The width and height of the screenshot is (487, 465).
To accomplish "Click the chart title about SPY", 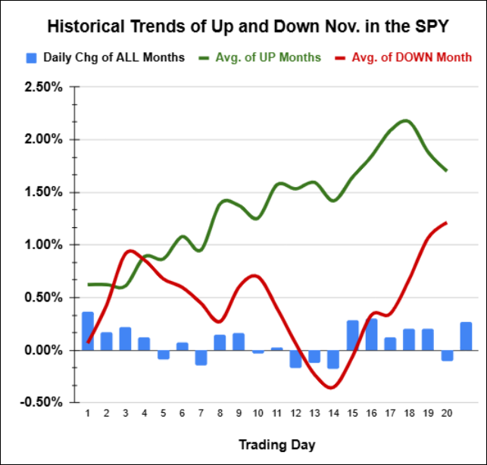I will tap(248, 27).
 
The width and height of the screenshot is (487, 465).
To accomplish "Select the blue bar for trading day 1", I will tap(88, 331).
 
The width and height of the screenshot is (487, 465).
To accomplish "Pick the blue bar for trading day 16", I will tap(371, 335).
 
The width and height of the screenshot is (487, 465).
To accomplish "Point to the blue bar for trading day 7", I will tap(201, 357).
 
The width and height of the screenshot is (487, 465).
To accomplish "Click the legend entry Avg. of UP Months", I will tap(262, 58).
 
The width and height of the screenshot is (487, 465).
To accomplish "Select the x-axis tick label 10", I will tap(258, 414).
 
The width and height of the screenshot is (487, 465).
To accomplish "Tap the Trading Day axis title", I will tap(276, 444).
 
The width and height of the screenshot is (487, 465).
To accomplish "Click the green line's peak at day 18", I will tap(407, 120).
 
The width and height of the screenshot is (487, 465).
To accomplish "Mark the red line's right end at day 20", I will tap(446, 223).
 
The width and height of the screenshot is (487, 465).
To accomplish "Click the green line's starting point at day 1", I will tap(89, 284).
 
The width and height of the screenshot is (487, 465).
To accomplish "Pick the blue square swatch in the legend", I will tap(32, 58).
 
